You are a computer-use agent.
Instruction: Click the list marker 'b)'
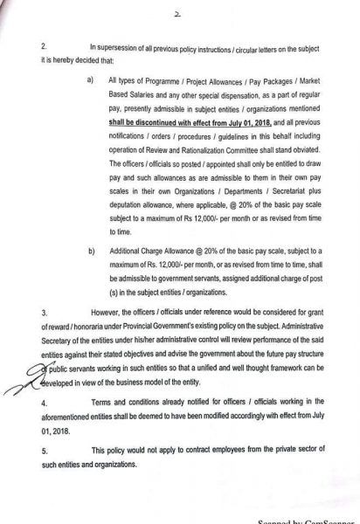[92, 251]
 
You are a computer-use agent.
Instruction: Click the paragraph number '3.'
[44, 312]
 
